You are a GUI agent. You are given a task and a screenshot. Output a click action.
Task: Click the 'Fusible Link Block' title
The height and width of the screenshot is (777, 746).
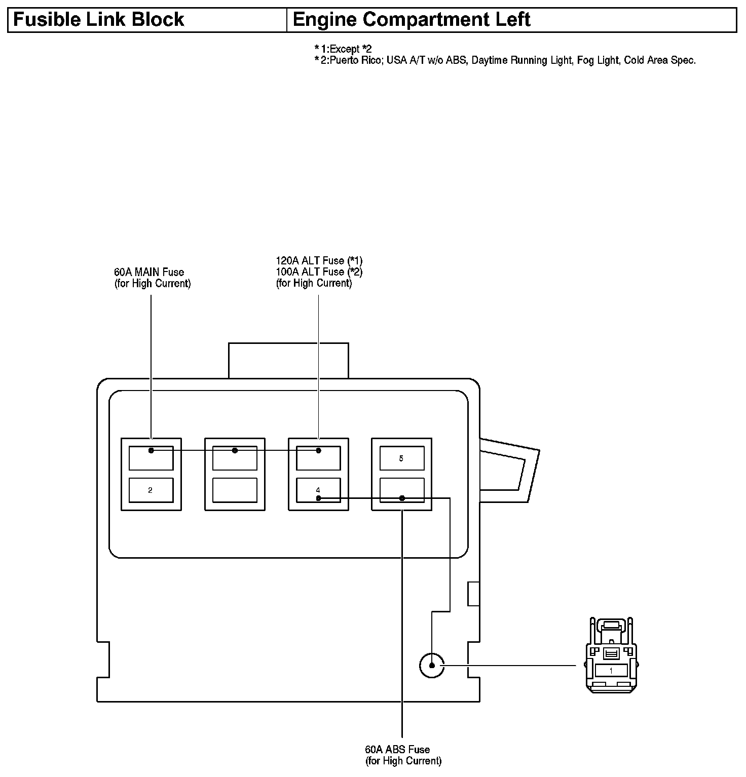point(98,20)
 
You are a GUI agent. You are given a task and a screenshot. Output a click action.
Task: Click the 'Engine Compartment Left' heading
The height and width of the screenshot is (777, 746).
point(411,20)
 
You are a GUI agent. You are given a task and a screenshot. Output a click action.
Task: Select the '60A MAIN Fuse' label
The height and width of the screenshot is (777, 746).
point(149,273)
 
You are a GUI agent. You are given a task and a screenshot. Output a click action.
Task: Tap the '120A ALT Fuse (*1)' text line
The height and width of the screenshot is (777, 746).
point(319,261)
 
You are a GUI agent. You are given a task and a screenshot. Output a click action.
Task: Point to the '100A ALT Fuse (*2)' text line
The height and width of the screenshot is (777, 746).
point(319,272)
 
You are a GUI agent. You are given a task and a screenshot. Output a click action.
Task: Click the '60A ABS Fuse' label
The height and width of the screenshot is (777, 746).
point(397,749)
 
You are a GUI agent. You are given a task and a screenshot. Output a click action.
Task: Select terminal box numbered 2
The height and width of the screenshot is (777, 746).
point(151,490)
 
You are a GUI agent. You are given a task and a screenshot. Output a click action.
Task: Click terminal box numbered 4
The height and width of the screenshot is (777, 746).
point(318,490)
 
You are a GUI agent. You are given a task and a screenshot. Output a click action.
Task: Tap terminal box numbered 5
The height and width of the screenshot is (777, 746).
point(401,458)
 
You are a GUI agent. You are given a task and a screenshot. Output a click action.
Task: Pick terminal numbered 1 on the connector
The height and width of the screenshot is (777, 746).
point(611,671)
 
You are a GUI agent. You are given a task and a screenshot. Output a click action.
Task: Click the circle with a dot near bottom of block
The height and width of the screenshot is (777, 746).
point(432,665)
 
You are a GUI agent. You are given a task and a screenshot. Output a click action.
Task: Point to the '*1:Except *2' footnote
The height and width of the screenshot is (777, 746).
point(343,49)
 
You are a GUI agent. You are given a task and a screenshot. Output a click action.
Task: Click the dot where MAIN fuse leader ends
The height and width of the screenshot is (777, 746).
point(151,450)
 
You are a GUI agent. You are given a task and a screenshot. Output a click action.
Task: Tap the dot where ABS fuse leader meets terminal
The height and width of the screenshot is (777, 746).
point(402,498)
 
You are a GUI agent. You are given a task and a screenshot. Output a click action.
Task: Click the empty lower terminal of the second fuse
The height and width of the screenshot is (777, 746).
point(235,490)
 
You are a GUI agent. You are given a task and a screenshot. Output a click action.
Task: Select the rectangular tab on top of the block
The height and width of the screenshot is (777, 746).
point(288,361)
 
